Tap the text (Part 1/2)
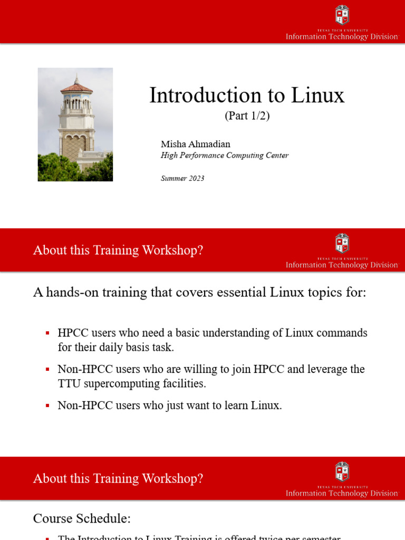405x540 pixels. coord(247,116)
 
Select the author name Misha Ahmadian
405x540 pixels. coord(195,144)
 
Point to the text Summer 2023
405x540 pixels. coord(182,178)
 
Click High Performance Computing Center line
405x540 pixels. coord(224,156)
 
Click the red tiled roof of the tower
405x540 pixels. coord(76,88)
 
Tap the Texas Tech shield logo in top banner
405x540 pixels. coord(342,15)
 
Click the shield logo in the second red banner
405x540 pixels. coord(342,243)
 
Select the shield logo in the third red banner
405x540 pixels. coord(342,471)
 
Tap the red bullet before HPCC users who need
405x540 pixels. coord(47,333)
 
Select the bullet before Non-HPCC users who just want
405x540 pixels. coord(47,406)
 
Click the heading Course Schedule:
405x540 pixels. coord(82,518)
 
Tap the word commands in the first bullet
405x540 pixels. coord(342,333)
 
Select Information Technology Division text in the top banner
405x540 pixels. coord(342,37)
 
